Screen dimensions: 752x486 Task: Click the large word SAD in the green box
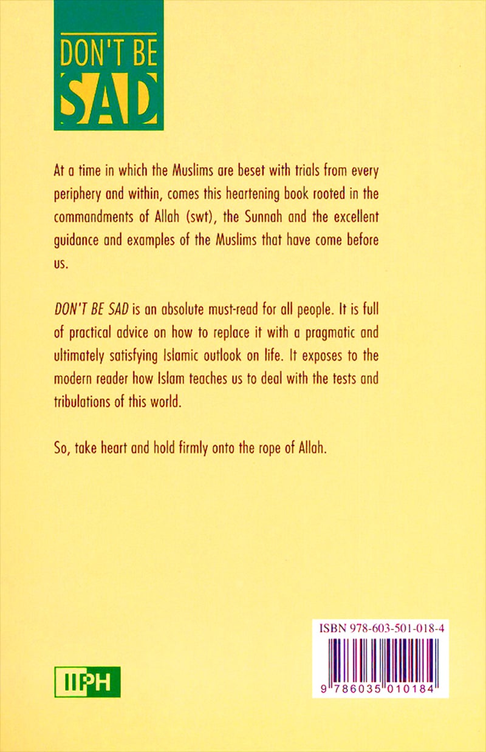(109, 99)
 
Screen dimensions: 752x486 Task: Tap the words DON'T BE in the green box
(109, 53)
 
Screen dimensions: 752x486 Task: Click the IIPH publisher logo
(87, 682)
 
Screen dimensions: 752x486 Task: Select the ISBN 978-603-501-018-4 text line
(380, 629)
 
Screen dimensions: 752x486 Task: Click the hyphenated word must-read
(231, 310)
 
